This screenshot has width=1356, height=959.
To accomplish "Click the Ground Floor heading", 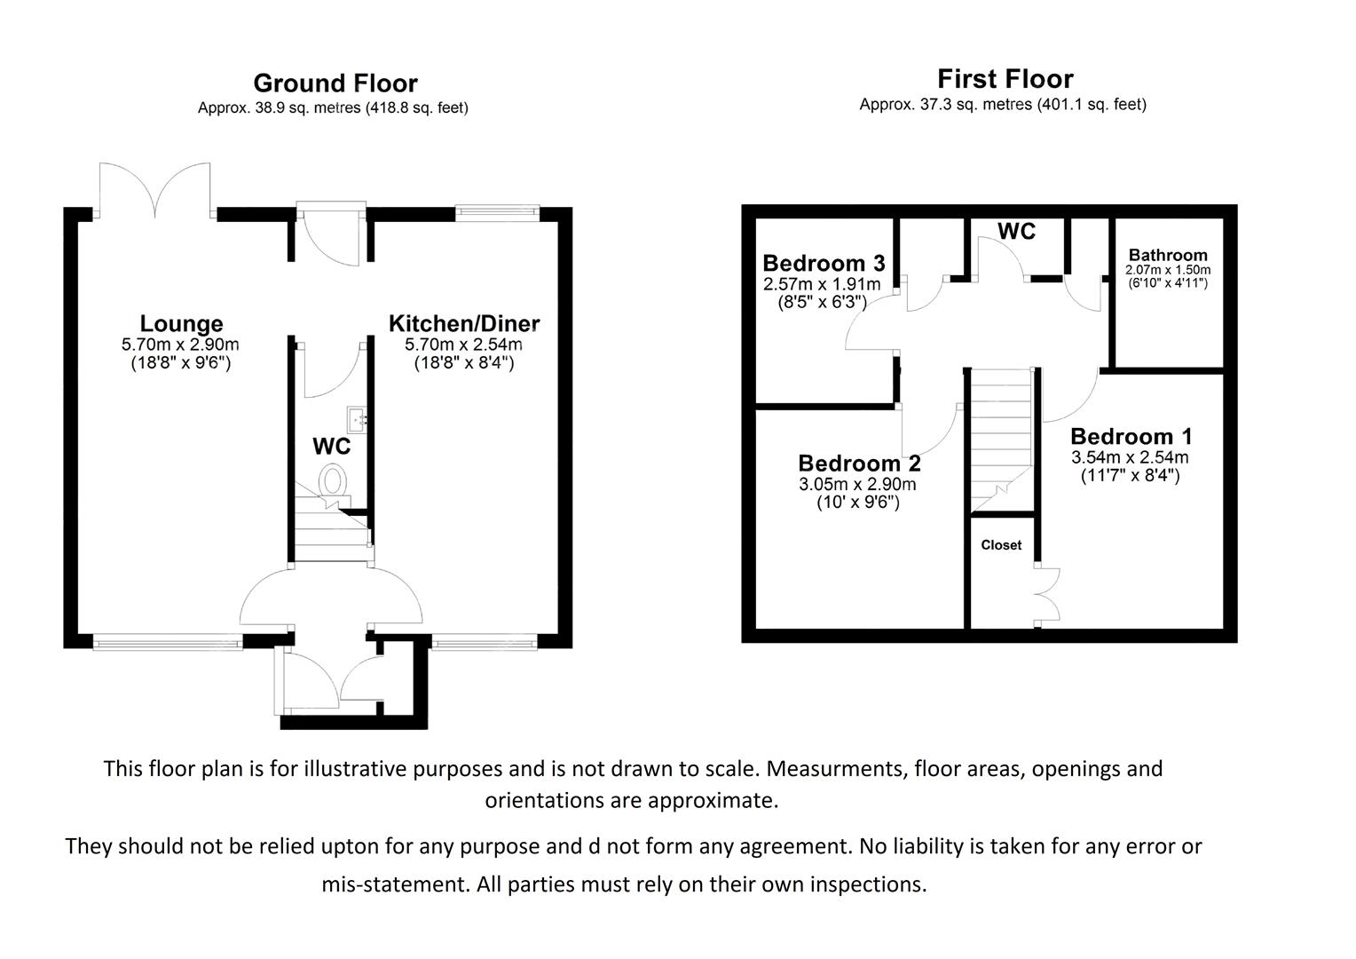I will pos(335,83).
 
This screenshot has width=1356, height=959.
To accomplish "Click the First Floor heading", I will pos(1005,79).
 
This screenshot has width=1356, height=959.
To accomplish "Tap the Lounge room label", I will pos(181,324).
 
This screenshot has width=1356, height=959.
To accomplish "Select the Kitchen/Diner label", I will pos(463,324).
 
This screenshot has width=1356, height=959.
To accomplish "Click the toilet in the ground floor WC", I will pos(333,482).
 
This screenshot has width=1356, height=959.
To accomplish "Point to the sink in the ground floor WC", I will pos(358,417).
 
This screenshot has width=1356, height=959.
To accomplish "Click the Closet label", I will pos(1001,545).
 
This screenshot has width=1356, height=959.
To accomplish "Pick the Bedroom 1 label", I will pos(1131,437).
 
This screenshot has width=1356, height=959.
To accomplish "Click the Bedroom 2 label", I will pos(858,464).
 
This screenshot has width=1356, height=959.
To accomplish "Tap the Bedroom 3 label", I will pos(823,264).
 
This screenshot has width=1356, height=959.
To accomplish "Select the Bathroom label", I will pos(1167,256).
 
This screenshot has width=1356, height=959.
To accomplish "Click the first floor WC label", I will pos(1016,232).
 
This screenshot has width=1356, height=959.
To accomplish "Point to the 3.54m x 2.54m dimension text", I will pos(1129,458).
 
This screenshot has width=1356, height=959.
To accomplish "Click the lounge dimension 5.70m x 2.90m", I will pos(180,345).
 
